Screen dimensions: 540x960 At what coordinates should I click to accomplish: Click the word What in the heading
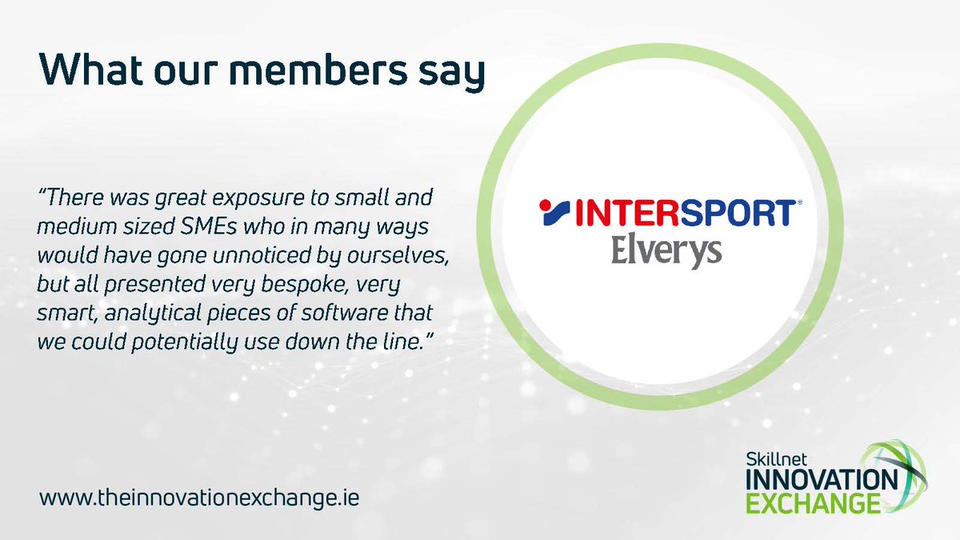(86, 70)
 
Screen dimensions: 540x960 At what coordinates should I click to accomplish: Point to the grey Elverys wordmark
(666, 250)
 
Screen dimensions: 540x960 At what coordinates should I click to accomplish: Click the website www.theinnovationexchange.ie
(200, 497)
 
